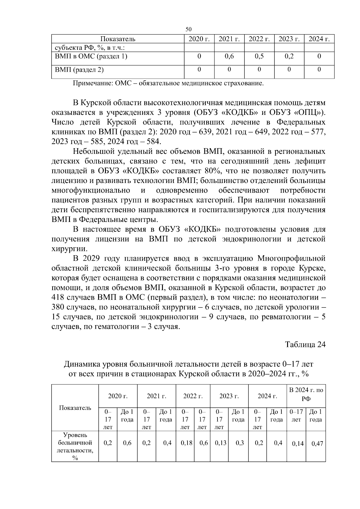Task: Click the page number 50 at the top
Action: pos(188,29)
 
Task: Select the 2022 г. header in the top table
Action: pos(259,39)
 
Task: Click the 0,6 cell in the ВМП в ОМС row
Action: pos(229,56)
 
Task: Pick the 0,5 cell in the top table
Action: pos(259,56)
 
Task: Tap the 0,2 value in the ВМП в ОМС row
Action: pos(289,56)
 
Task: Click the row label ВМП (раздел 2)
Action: pos(79,70)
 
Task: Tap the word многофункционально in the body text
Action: pos(91,190)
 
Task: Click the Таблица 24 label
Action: pos(305,344)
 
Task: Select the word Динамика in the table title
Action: pos(82,364)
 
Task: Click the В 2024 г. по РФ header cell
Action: pos(306,394)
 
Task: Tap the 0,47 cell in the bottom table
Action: pos(317,444)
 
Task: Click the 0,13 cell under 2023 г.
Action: pos(220,443)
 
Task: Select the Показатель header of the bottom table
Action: pos(75,408)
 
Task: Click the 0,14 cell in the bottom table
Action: pos(298,444)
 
